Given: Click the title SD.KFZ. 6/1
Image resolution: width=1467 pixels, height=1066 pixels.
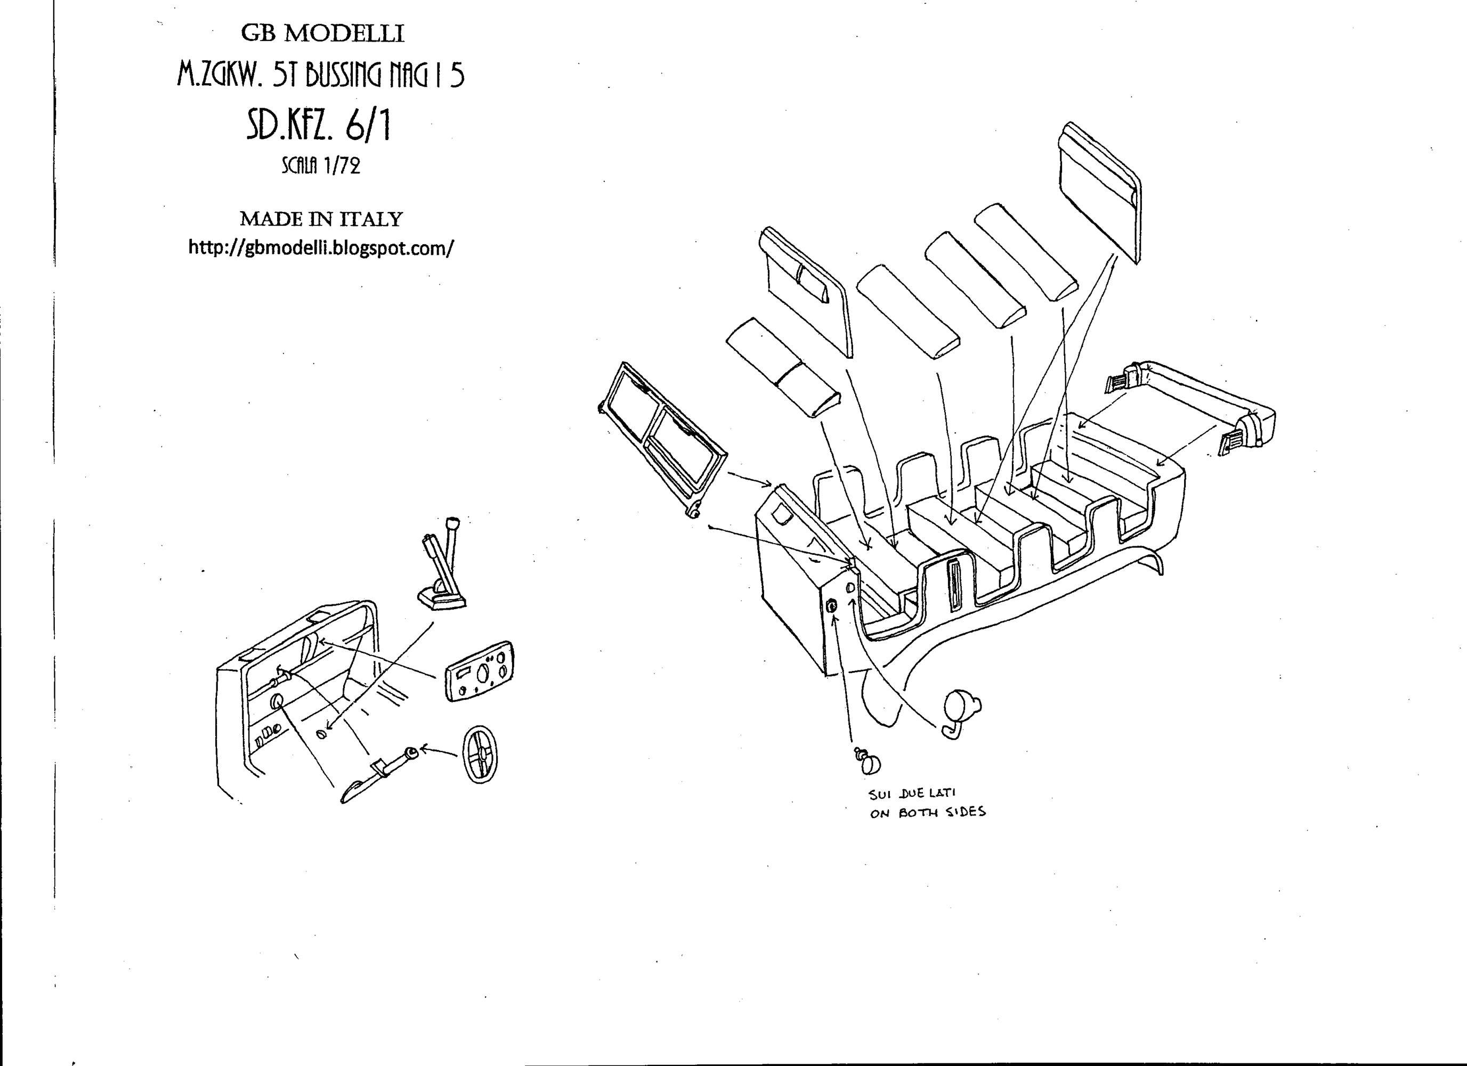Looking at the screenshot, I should coord(318,125).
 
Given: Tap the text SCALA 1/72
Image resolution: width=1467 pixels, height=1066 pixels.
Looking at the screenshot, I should coord(320,166).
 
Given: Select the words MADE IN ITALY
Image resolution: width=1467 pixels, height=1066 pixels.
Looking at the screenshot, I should coord(321,219).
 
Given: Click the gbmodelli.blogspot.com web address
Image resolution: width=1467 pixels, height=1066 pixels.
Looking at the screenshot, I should coord(321,248).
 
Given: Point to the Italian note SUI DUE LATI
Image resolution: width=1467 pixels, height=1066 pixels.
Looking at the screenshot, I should coord(912,794).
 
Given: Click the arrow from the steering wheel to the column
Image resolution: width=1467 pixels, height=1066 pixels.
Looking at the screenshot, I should coord(440,752).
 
